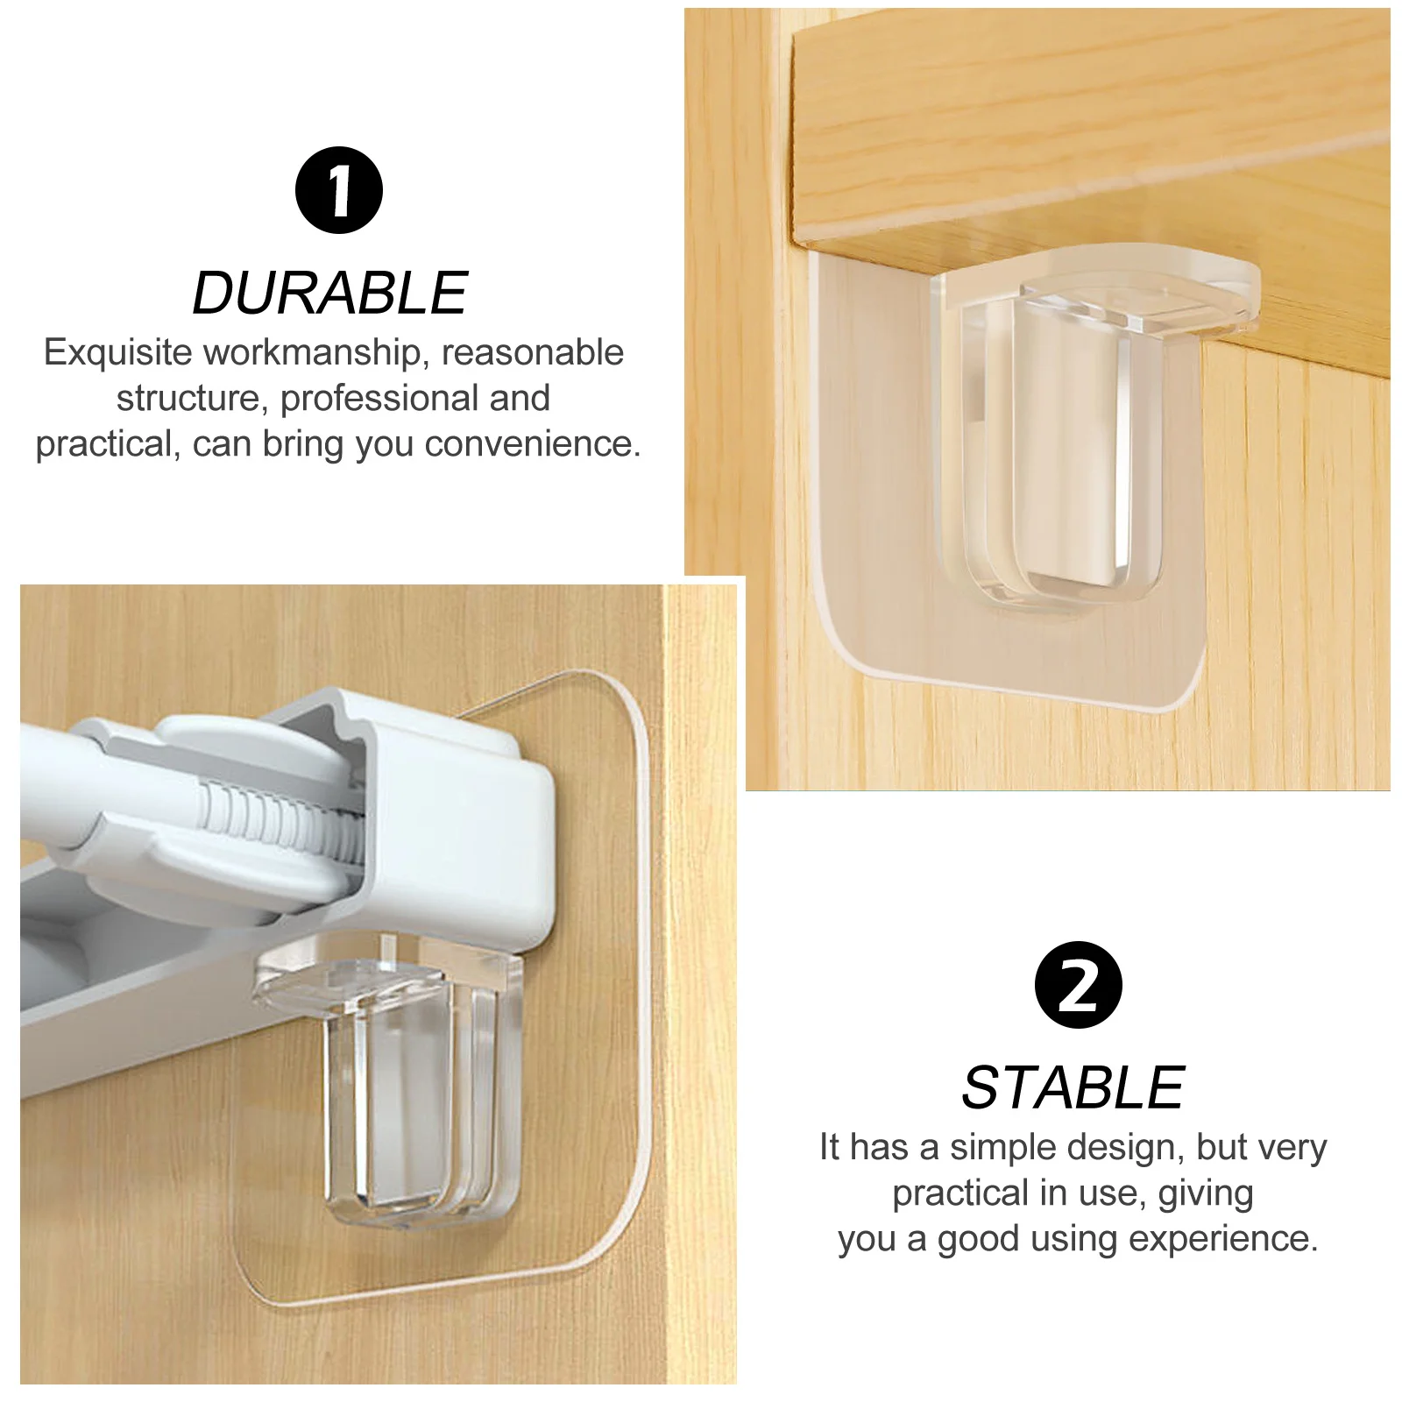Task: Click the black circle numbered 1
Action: pos(338,190)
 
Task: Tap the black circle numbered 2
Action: pos(1078,985)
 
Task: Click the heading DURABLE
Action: pos(329,293)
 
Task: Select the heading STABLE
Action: pos(1073,1087)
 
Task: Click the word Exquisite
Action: pos(117,352)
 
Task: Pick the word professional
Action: pos(379,398)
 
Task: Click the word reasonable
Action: pos(532,352)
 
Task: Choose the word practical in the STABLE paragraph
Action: pos(959,1193)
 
